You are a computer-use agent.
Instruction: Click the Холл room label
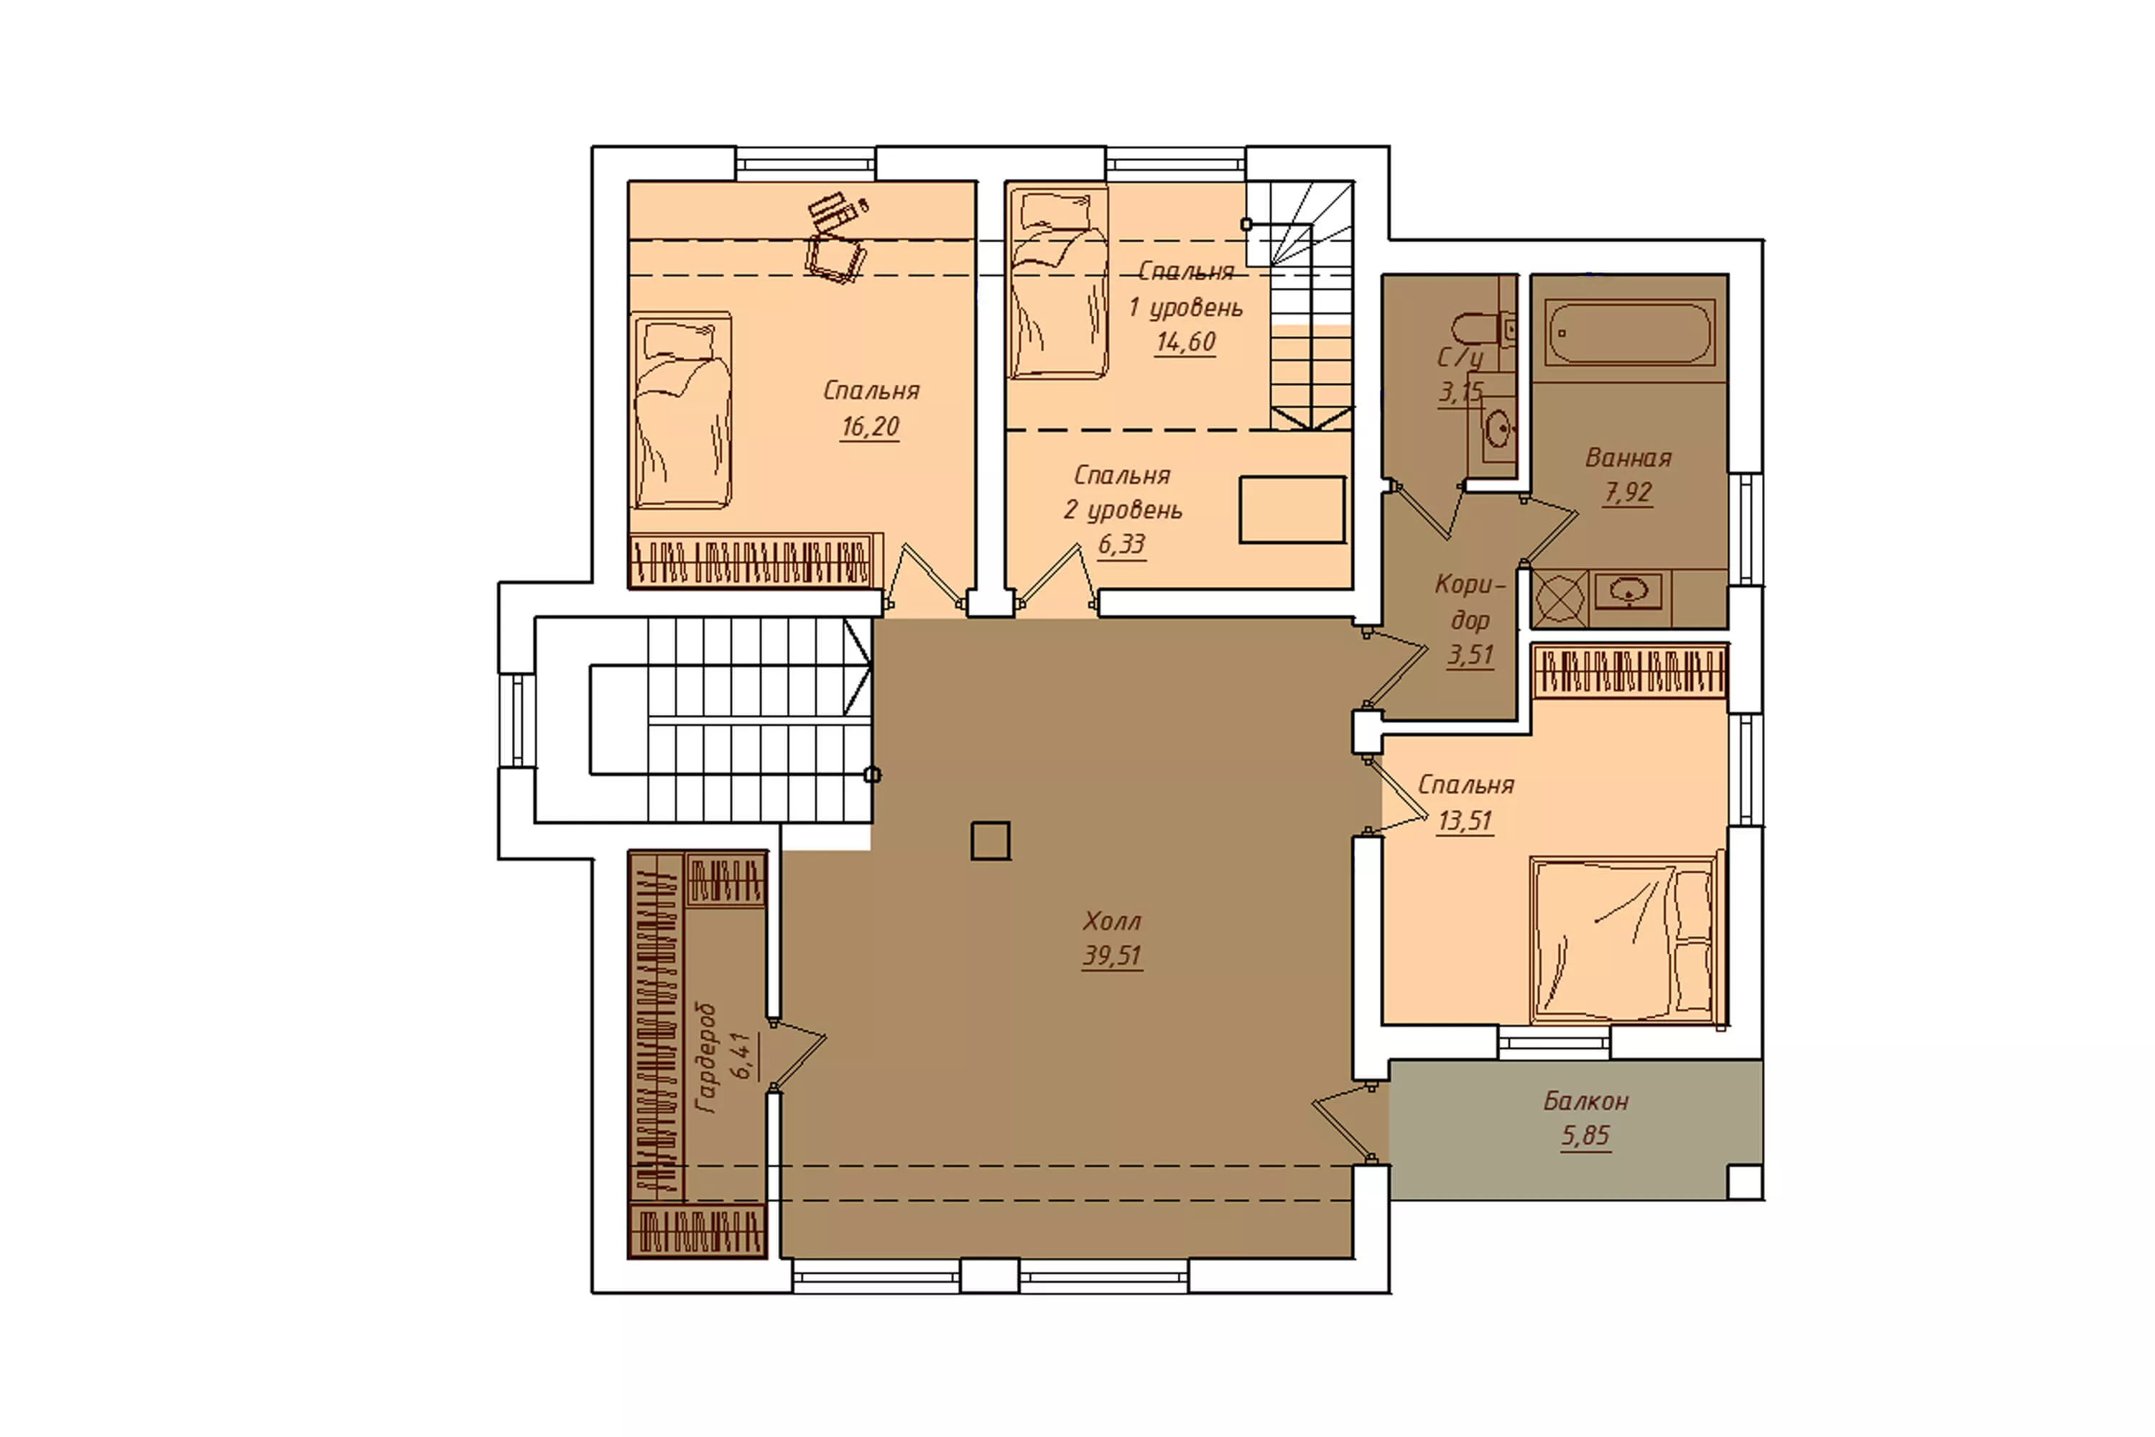tap(1111, 920)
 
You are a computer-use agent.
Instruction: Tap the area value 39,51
tap(1111, 956)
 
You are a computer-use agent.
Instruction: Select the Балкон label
tap(1585, 1100)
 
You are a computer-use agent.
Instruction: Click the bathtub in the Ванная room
tap(1628, 333)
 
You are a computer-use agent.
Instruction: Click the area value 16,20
tap(871, 426)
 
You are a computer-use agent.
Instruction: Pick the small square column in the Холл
tap(991, 841)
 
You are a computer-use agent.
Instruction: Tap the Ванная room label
tap(1628, 457)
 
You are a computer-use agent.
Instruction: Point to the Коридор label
tap(1470, 601)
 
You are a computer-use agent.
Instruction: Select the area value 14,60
tap(1186, 342)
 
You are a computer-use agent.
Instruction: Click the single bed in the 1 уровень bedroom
tap(1057, 283)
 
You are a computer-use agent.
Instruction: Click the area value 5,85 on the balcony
tap(1585, 1135)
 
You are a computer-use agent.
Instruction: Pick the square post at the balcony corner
tap(1745, 1182)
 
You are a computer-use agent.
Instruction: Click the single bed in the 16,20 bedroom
tap(681, 410)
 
